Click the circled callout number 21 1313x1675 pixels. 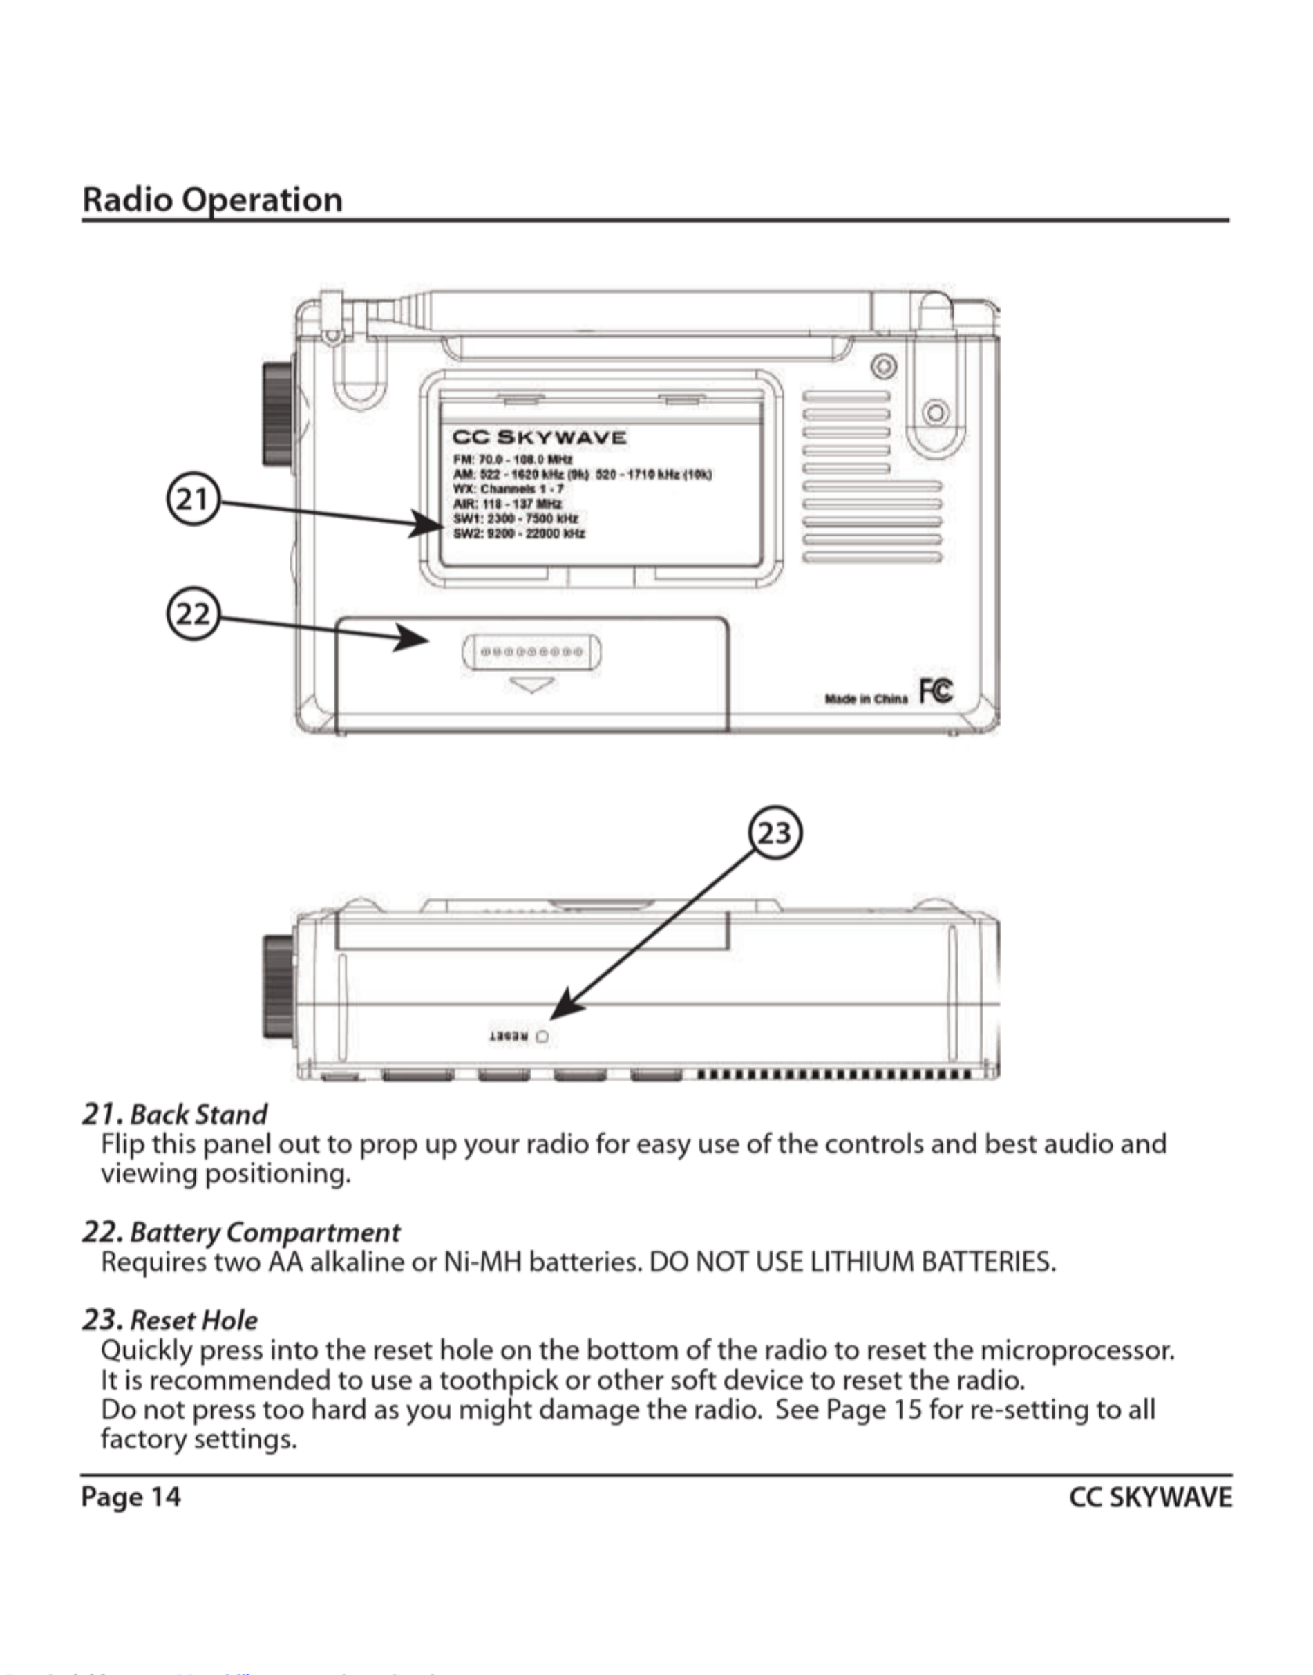click(192, 500)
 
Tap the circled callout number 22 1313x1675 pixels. click(192, 614)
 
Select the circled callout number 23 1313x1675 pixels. click(775, 833)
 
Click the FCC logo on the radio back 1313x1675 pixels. click(936, 690)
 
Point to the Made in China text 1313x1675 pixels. click(866, 699)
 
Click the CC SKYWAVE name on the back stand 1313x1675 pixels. click(539, 437)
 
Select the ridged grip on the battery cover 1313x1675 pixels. click(532, 652)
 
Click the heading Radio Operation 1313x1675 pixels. click(212, 199)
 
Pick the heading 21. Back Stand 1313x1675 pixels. click(175, 1114)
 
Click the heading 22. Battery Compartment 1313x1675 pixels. click(240, 1232)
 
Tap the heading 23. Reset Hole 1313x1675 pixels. click(170, 1320)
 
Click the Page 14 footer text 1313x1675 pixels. click(131, 1497)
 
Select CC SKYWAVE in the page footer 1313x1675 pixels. click(1150, 1497)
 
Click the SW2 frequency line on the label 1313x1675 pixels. click(519, 533)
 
